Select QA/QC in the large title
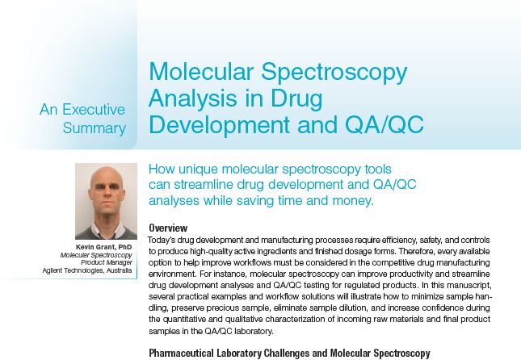coord(384,124)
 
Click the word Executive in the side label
coord(94,110)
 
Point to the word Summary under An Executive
coord(95,128)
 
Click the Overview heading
coord(168,228)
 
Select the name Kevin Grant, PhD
coord(103,247)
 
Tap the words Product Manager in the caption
coord(107,262)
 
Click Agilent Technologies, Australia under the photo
coord(87,270)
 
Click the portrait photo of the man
coord(106,201)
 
